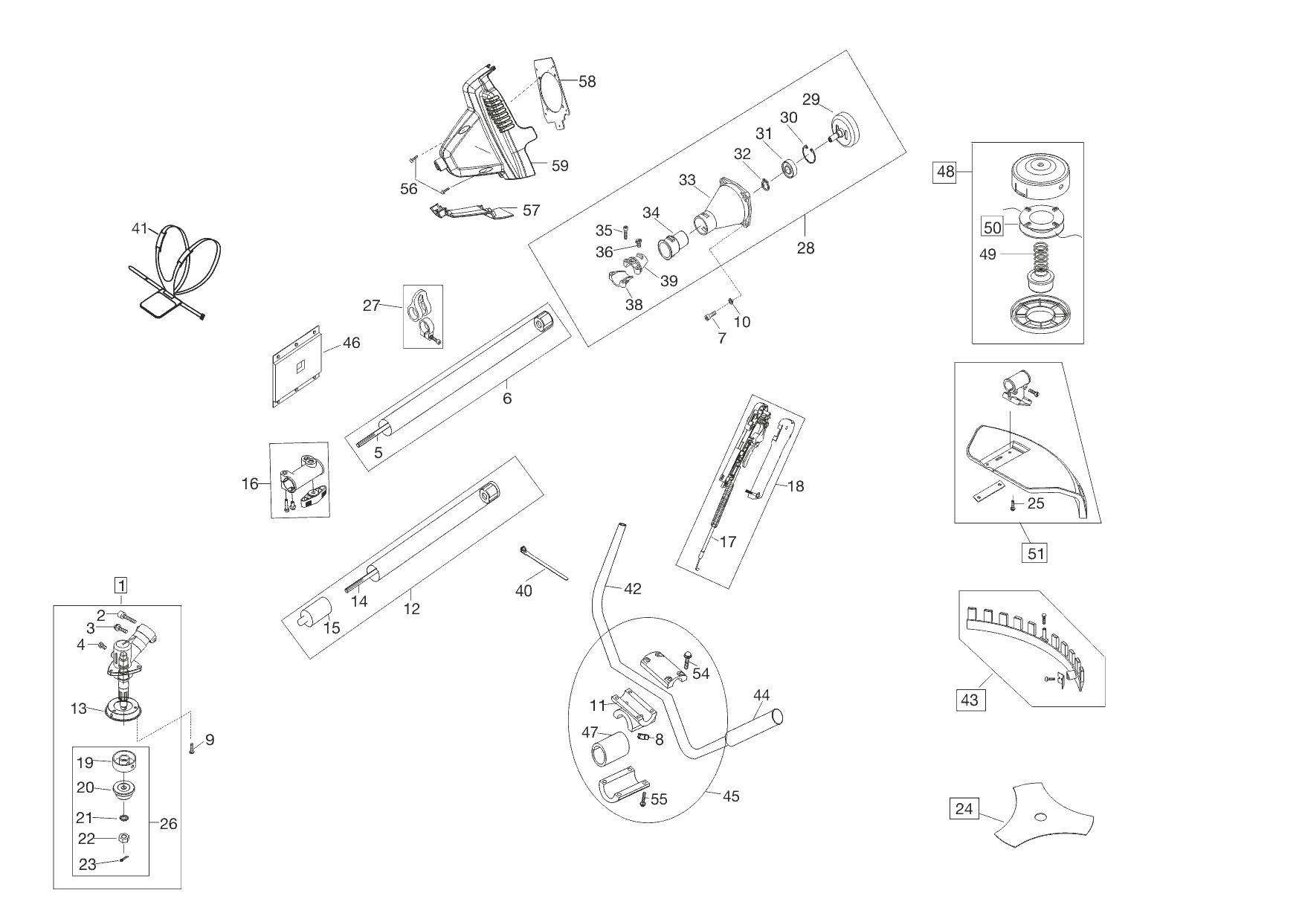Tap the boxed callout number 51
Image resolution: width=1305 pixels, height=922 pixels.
coord(1035,553)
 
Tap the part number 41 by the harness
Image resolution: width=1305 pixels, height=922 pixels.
coord(140,229)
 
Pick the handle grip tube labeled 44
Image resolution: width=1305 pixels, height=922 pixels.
coord(756,727)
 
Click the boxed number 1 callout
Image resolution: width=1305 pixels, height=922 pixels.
coord(120,584)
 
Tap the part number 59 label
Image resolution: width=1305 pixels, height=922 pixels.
coord(560,166)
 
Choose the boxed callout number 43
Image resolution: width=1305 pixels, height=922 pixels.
coord(970,700)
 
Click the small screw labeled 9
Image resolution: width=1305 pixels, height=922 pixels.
coord(192,748)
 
